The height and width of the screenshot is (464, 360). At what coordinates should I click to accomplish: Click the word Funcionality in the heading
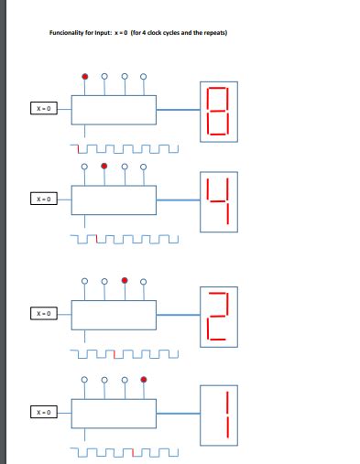click(x=68, y=34)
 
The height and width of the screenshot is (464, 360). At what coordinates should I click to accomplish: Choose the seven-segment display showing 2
click(x=216, y=316)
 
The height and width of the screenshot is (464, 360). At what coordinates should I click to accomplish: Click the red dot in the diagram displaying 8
click(x=85, y=75)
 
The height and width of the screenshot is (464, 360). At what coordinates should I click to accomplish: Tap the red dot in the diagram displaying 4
click(x=104, y=166)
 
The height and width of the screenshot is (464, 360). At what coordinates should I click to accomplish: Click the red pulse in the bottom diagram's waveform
click(x=137, y=450)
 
